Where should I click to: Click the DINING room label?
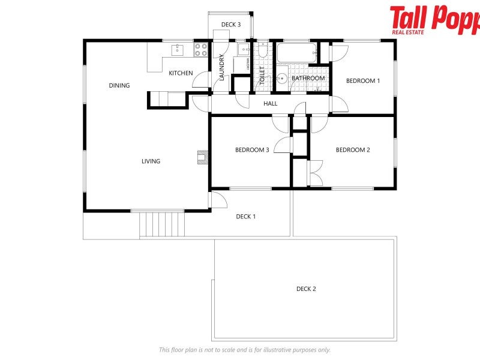pyautogui.click(x=119, y=85)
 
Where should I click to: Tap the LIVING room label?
pyautogui.click(x=151, y=161)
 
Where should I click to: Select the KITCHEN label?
pyautogui.click(x=181, y=73)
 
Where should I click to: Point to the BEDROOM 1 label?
pyautogui.click(x=364, y=80)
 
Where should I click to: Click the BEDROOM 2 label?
pyautogui.click(x=353, y=149)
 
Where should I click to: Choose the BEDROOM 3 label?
pyautogui.click(x=252, y=149)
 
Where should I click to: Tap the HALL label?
pyautogui.click(x=271, y=104)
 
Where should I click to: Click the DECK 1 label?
pyautogui.click(x=246, y=217)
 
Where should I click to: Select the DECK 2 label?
pyautogui.click(x=306, y=289)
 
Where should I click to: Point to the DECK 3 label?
pyautogui.click(x=231, y=25)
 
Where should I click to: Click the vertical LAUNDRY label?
pyautogui.click(x=221, y=68)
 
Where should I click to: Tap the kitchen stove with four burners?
pyautogui.click(x=200, y=50)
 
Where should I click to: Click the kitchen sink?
pyautogui.click(x=178, y=50)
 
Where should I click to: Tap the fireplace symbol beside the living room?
pyautogui.click(x=202, y=157)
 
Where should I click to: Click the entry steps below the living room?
pyautogui.click(x=162, y=224)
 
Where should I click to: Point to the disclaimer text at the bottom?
pyautogui.click(x=245, y=350)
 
